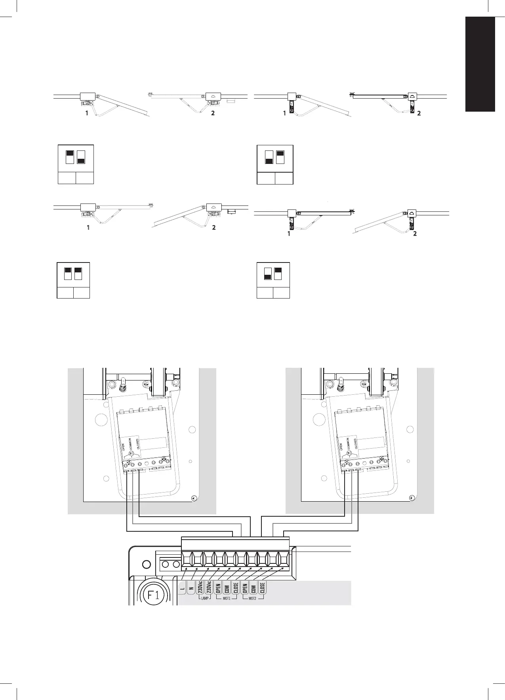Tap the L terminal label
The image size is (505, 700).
point(182,589)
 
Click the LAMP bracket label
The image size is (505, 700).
point(204,609)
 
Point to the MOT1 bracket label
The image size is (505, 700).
point(227,609)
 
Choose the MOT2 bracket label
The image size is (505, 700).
point(253,609)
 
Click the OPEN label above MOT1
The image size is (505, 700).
point(218,588)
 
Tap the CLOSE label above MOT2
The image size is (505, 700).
point(263,588)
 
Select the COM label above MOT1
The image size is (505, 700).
point(227,588)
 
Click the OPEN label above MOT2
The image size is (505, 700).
point(245,588)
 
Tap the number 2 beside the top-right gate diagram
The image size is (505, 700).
point(419,113)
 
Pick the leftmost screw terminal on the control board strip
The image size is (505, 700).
point(187,559)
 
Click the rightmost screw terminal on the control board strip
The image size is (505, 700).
point(284,559)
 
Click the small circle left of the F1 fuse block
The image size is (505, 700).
point(145,564)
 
